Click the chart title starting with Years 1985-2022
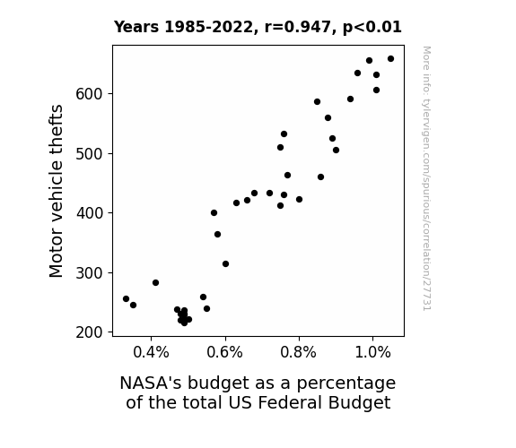coord(258,27)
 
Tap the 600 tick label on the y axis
coord(90,94)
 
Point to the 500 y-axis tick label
coord(90,153)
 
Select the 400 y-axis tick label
coord(90,213)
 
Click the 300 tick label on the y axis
coord(90,272)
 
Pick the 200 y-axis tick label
coord(90,332)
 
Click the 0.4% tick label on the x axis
coord(151,353)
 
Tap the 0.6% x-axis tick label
coord(224,353)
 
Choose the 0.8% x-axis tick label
coord(299,353)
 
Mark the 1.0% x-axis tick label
coord(372,353)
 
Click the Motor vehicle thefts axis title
coord(56,191)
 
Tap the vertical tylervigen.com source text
coord(426,178)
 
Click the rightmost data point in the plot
coord(390,59)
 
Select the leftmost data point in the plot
coord(126,298)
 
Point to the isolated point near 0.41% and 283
coord(155,282)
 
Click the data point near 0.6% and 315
coord(225,264)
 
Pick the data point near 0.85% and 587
coord(318,102)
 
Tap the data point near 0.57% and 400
coord(214,213)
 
